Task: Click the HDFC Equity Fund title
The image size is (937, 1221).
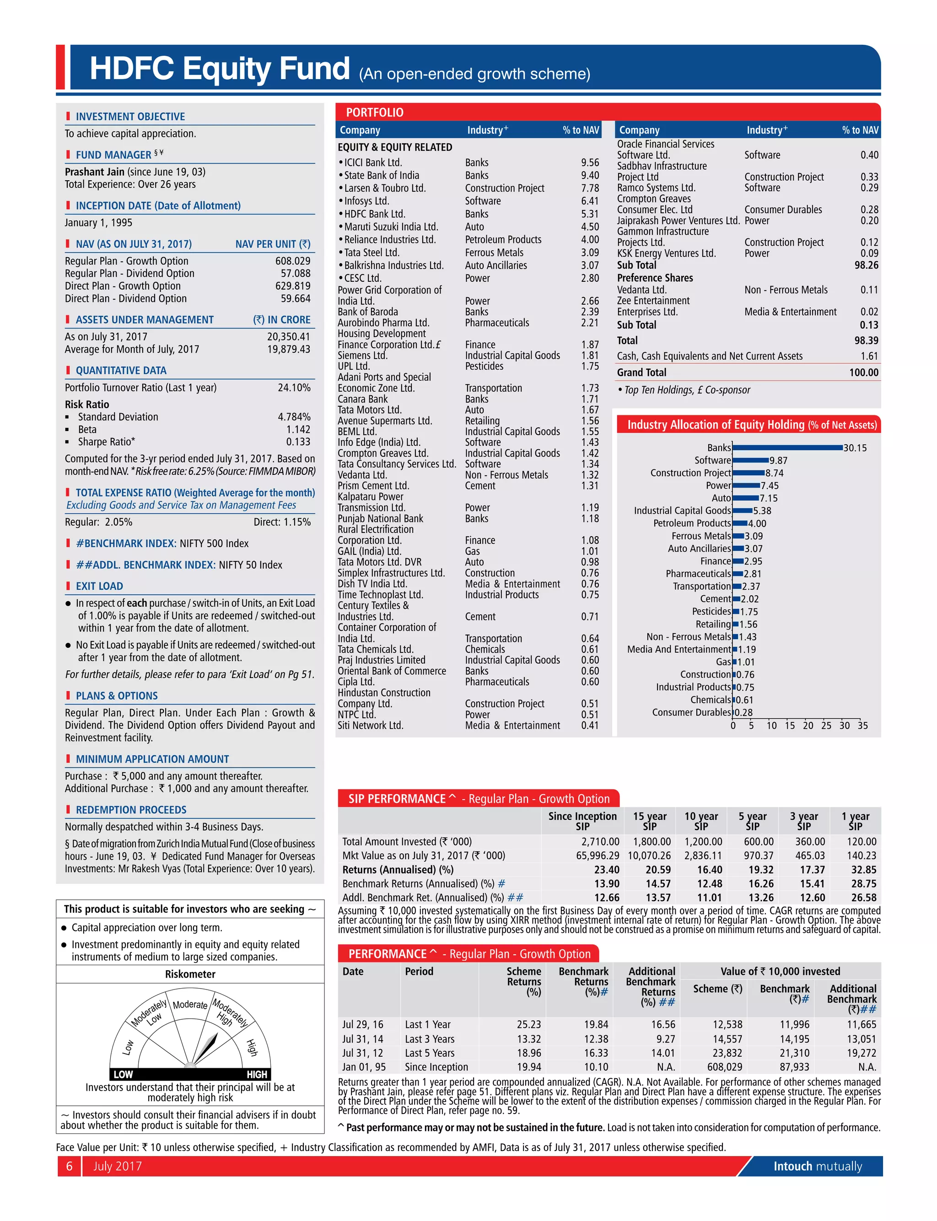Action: point(220,69)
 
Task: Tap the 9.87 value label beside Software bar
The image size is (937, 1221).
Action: point(779,461)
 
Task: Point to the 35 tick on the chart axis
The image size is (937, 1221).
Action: point(862,726)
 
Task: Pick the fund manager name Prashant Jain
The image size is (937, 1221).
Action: point(94,172)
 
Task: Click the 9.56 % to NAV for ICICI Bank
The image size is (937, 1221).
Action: point(590,162)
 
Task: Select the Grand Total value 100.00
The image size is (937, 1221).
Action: point(863,372)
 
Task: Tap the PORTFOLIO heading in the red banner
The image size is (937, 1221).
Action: point(374,112)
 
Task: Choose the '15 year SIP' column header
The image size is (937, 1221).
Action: point(649,821)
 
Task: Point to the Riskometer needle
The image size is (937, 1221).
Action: point(205,1047)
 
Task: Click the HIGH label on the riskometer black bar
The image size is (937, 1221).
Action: point(257,1074)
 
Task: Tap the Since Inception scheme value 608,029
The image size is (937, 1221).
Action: point(725,1066)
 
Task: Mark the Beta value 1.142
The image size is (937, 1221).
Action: point(298,429)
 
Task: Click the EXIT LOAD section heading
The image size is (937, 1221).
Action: point(99,586)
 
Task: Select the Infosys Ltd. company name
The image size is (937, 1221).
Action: point(366,201)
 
